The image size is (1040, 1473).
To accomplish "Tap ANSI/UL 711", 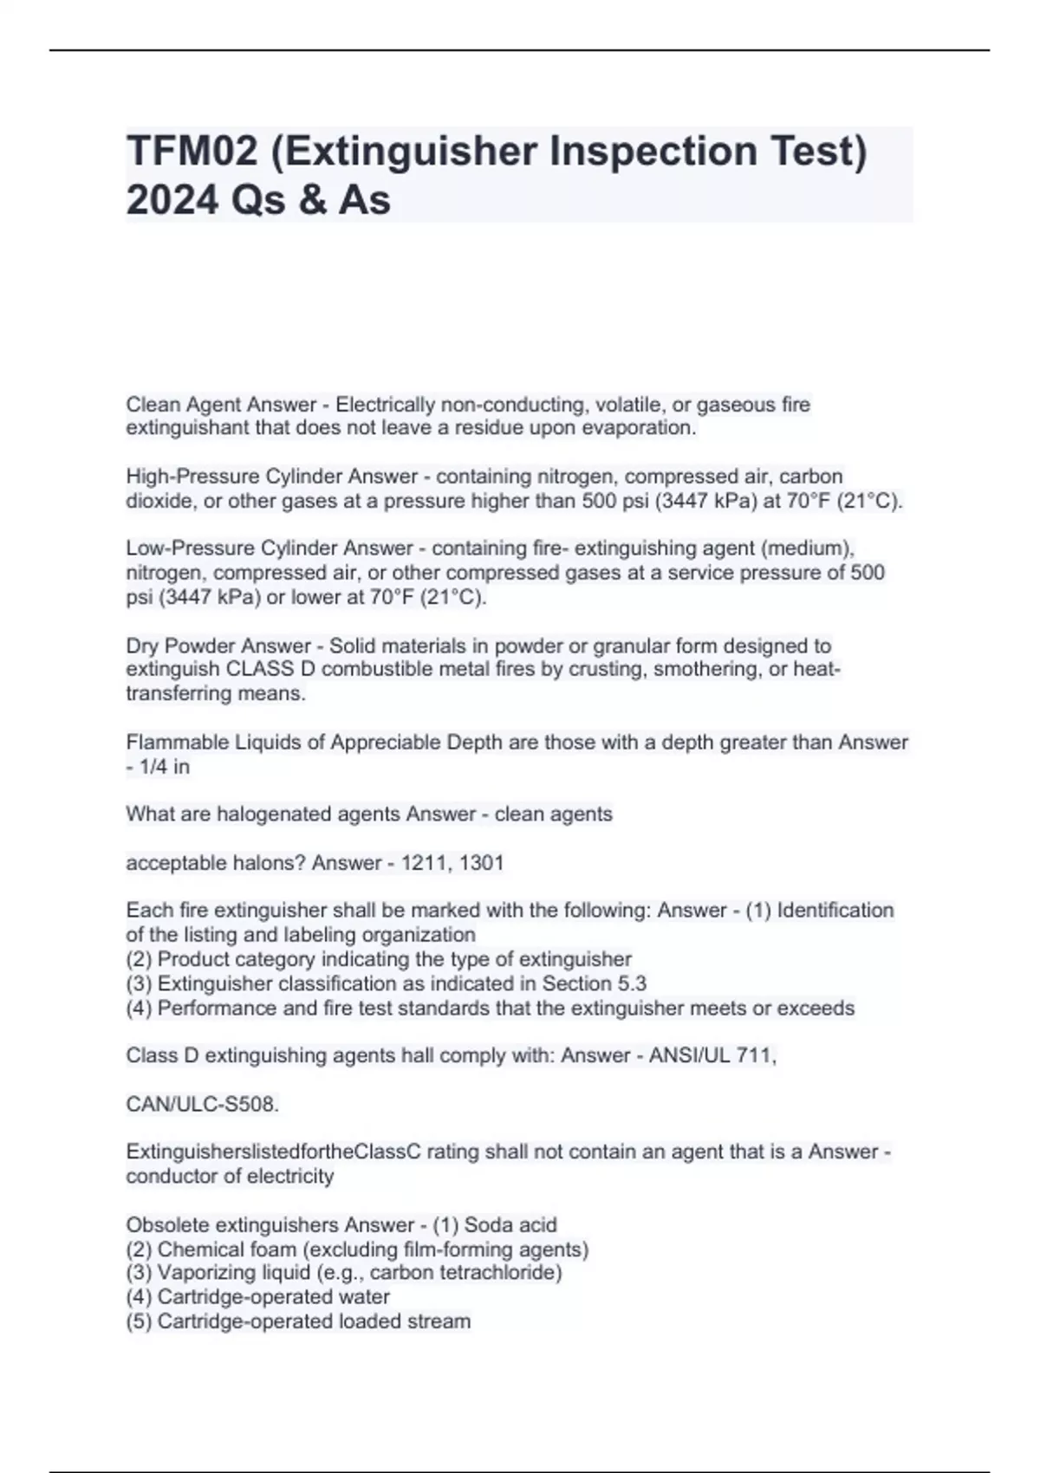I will (x=712, y=1055).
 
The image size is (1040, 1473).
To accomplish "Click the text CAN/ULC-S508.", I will (x=203, y=1105).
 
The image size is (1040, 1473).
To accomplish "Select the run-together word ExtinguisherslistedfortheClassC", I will (x=274, y=1152).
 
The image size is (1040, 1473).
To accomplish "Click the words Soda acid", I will (x=510, y=1225).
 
